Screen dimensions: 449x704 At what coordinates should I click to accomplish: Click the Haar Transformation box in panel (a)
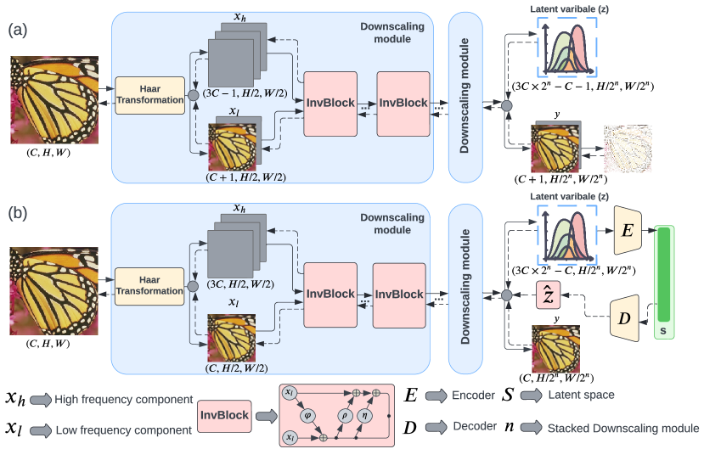pos(149,93)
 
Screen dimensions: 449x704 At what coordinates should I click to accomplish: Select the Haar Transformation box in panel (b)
pos(150,286)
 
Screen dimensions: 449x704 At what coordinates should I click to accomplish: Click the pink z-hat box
pos(548,295)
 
